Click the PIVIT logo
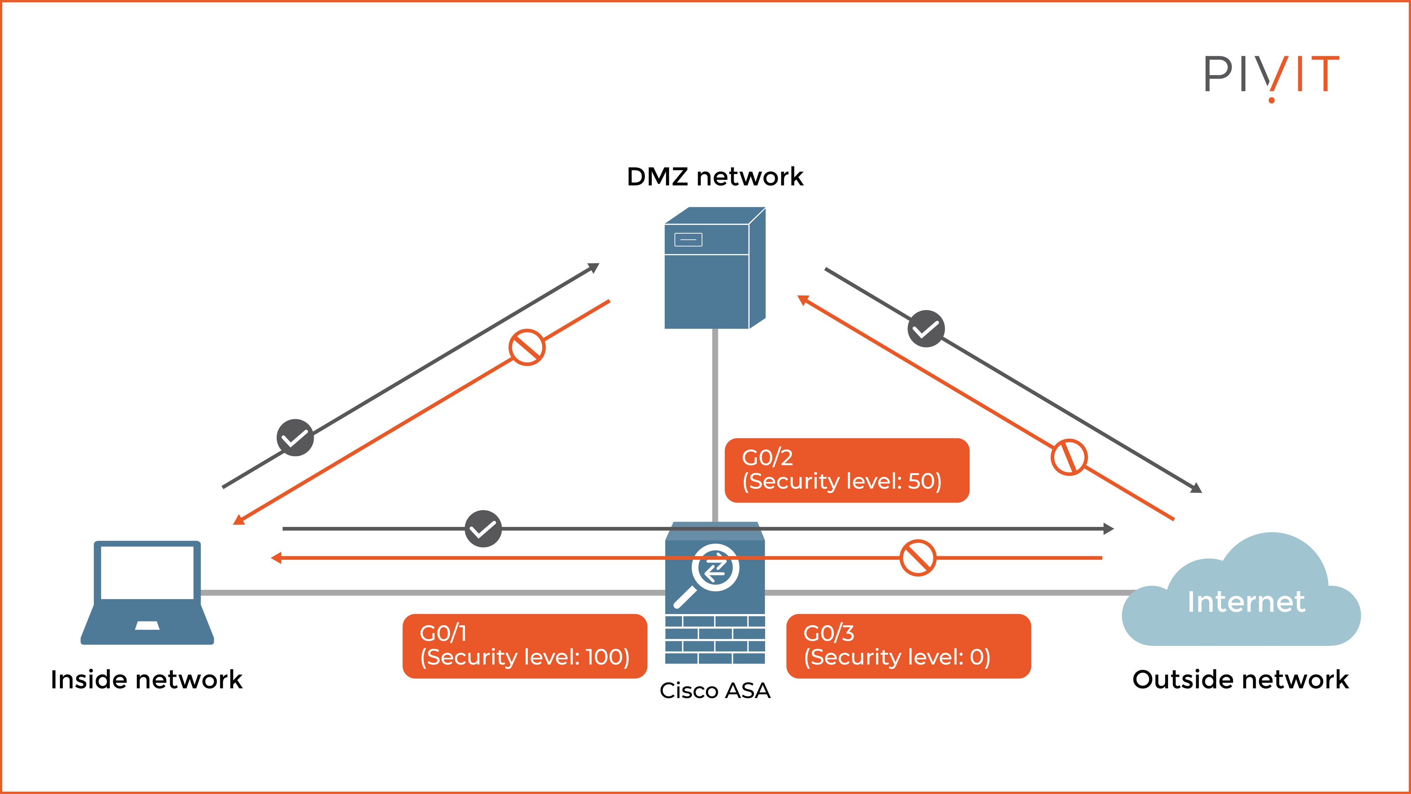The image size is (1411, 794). click(x=1271, y=77)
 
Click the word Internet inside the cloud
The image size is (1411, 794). click(x=1246, y=602)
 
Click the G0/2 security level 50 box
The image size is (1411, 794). click(x=846, y=470)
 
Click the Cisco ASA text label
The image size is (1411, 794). click(x=715, y=691)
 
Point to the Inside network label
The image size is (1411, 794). click(x=146, y=679)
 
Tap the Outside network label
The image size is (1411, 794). click(x=1240, y=679)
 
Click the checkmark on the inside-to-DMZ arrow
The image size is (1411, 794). click(x=295, y=437)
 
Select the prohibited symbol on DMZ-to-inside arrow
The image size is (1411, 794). click(x=526, y=347)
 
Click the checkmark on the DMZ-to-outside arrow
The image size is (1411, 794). click(x=926, y=329)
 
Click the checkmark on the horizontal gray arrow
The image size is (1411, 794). click(x=483, y=529)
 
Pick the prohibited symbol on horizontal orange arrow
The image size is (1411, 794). click(x=918, y=558)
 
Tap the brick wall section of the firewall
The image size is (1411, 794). click(x=715, y=639)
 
